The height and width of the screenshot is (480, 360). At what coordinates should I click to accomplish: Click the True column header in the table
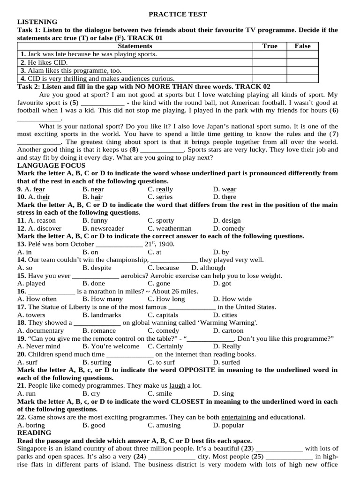(270, 46)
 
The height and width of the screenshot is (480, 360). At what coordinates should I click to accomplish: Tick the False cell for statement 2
(302, 62)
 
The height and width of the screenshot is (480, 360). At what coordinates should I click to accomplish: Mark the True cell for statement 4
(270, 78)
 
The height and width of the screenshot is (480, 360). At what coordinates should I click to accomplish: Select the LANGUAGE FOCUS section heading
(51, 165)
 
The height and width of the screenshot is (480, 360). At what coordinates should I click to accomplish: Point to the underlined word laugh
(177, 386)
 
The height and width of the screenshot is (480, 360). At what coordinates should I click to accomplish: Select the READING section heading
(34, 433)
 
